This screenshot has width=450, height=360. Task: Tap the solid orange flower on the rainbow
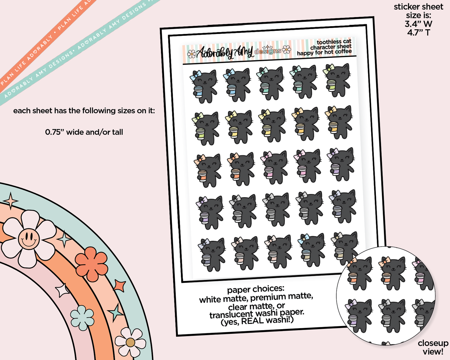click(91, 264)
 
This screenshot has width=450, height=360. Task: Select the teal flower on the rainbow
click(82, 318)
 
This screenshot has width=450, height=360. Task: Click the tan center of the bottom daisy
click(130, 343)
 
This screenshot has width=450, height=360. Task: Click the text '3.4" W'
click(419, 24)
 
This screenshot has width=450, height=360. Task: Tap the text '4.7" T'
click(419, 32)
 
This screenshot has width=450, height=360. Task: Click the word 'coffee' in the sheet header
click(343, 51)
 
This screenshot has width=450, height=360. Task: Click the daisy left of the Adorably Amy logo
click(192, 54)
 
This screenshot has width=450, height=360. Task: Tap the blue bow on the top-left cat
click(196, 75)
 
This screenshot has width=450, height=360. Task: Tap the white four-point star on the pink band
click(62, 291)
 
